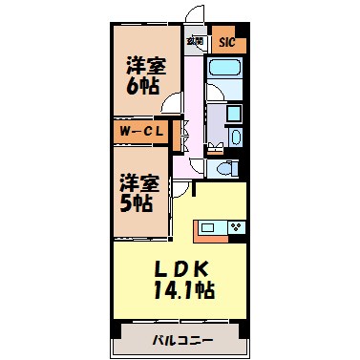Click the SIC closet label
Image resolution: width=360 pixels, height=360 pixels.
[x=226, y=42]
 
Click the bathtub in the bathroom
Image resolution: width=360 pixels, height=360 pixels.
[x=226, y=71]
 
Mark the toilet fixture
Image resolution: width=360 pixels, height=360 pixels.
[x=225, y=167]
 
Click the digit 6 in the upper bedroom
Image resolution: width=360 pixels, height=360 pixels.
[x=134, y=85]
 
